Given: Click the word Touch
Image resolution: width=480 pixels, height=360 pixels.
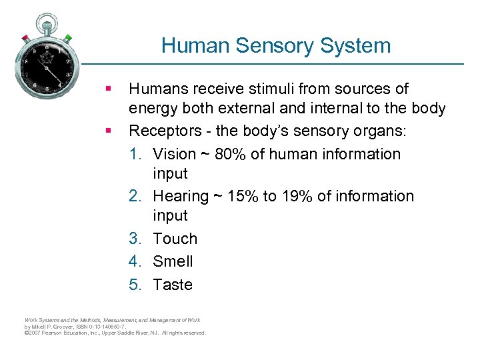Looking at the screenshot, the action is (x=175, y=239).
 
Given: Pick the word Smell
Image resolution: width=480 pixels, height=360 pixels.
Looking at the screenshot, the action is (x=173, y=261).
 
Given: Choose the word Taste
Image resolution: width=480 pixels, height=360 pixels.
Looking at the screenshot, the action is (x=173, y=285).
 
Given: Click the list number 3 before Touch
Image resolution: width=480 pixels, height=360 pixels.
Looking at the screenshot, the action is (x=135, y=239).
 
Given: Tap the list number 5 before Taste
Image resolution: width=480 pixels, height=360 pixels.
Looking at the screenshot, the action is (x=135, y=285).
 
